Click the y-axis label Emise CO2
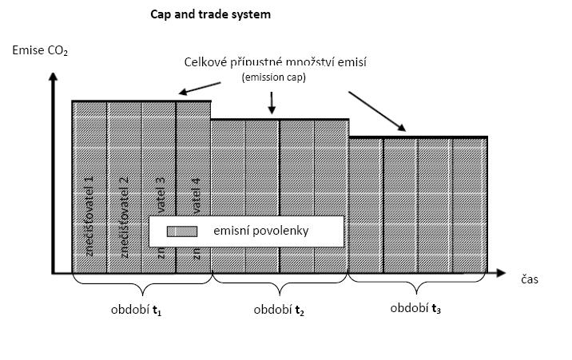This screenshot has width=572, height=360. click(39, 52)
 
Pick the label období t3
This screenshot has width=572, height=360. click(415, 309)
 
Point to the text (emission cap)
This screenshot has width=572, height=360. click(274, 77)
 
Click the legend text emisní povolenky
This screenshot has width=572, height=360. click(260, 231)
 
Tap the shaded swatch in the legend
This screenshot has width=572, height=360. click(181, 231)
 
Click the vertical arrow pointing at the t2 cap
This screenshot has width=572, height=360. click(272, 103)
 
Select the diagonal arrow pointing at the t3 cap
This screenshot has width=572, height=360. click(376, 111)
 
